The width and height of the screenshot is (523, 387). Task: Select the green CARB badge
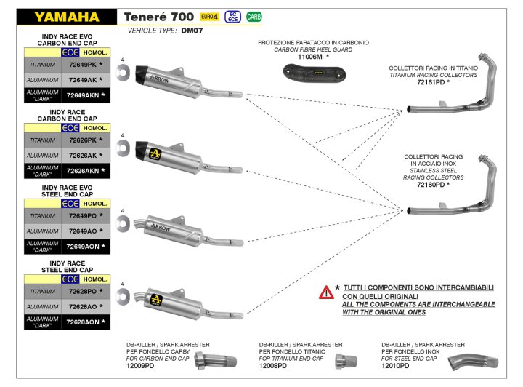[254, 16]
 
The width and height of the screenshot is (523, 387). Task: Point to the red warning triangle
[325, 292]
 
